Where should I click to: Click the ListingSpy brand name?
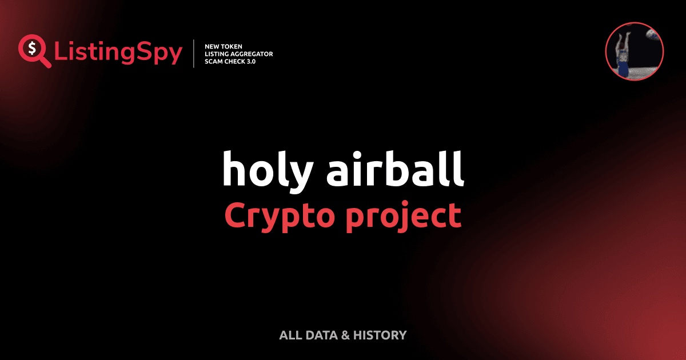tap(118, 53)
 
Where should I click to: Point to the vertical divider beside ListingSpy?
tap(194, 54)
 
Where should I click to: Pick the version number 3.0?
tap(249, 61)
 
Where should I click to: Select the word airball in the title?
tap(395, 169)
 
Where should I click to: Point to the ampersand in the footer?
tap(345, 335)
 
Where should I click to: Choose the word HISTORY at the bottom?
tap(380, 335)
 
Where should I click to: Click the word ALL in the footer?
tap(290, 335)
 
